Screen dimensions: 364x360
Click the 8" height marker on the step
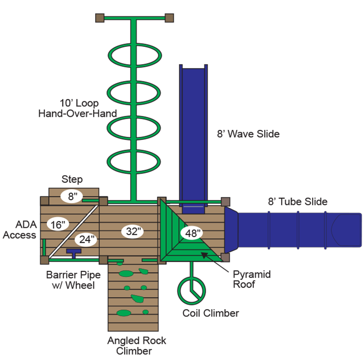[72, 196]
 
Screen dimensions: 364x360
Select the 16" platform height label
[58, 225]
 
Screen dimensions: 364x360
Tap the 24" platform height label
[86, 240]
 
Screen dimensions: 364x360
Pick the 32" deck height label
[132, 231]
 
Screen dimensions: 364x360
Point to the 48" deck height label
[192, 233]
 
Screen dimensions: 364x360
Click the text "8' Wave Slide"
[248, 134]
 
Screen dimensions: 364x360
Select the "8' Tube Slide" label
[298, 201]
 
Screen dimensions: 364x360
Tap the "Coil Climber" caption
[211, 313]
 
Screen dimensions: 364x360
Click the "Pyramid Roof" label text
[252, 279]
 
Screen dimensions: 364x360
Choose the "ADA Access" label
[20, 230]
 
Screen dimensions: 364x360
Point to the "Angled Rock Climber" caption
[136, 345]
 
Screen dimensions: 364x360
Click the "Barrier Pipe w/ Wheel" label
[73, 280]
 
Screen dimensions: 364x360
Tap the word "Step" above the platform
[72, 179]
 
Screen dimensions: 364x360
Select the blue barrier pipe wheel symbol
[74, 253]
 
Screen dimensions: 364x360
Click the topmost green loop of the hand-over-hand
[135, 45]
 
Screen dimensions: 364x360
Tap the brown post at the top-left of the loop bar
[100, 18]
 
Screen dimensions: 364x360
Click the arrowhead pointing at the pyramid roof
[204, 255]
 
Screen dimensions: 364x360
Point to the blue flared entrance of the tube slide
[232, 230]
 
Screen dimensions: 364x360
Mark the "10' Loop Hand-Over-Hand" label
[77, 108]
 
